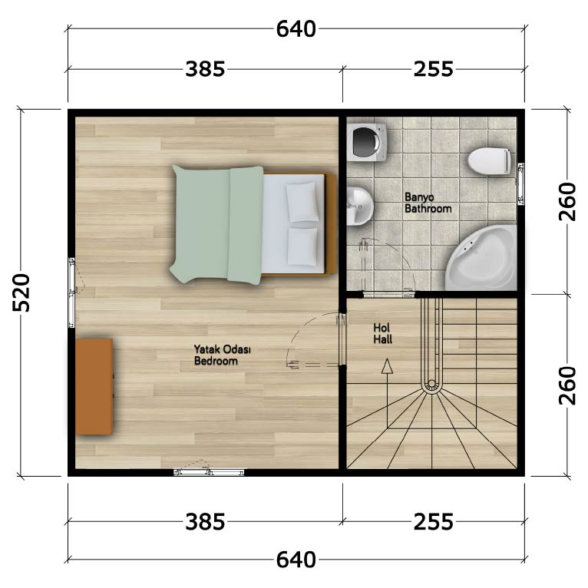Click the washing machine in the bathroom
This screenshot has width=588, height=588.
point(366,143)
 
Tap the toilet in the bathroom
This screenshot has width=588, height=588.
point(489,161)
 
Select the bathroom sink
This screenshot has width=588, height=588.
point(359,206)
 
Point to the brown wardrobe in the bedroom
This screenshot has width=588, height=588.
point(94,387)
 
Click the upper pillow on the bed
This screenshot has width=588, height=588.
point(302,202)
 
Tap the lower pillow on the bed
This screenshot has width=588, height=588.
point(302,246)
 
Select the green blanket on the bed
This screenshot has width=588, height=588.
point(216,224)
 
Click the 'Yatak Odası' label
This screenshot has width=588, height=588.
point(222,349)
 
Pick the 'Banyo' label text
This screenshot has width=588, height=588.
point(419,197)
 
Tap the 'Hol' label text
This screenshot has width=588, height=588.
point(382,328)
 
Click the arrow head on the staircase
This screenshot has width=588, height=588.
point(387,366)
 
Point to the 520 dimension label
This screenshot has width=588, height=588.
point(21,293)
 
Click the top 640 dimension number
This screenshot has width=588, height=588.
point(296,29)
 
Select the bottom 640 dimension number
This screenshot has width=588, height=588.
point(296,560)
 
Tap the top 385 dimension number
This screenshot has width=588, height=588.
point(205,69)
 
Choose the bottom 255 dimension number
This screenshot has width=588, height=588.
point(434,522)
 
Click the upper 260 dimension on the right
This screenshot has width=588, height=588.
point(567,201)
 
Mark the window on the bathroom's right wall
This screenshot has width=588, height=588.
point(520,183)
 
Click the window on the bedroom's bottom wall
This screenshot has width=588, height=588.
point(209,473)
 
